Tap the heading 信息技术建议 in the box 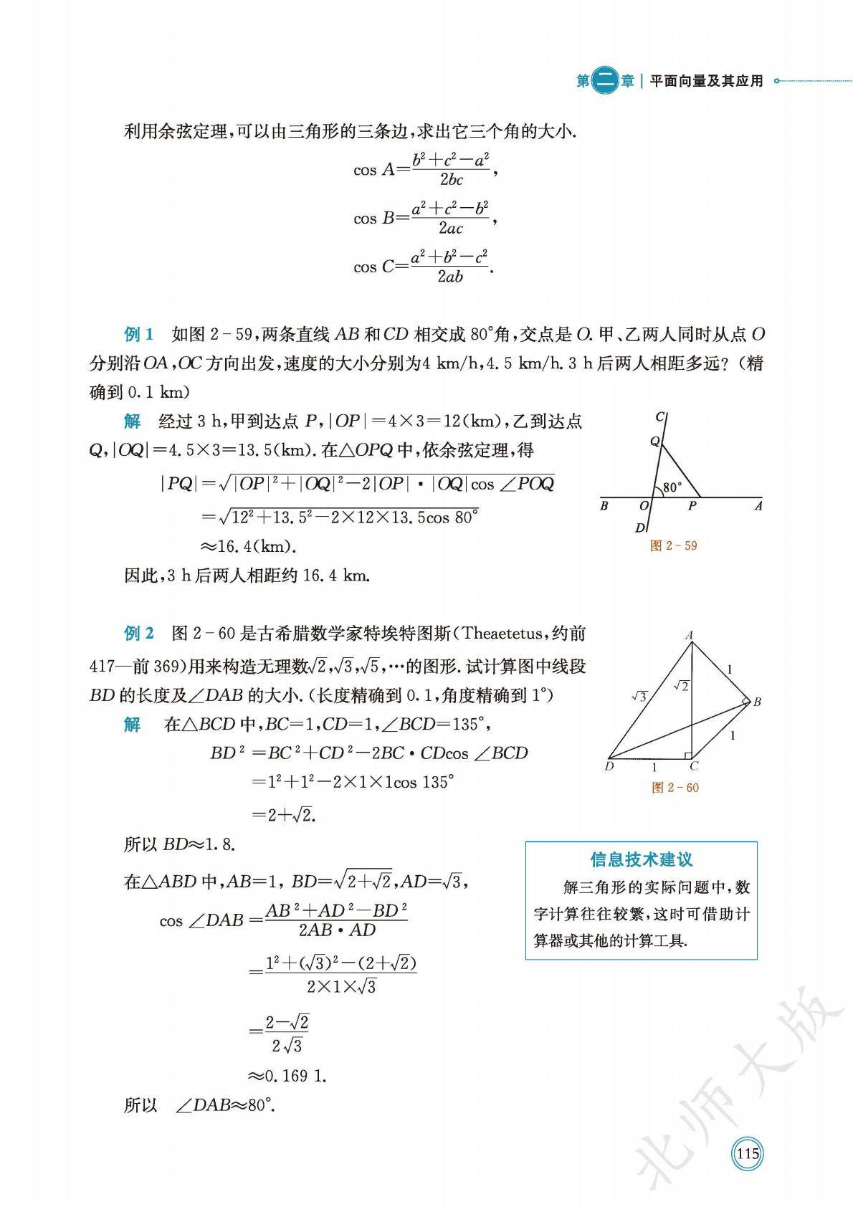point(642,859)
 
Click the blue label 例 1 point(139,334)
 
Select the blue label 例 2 point(139,634)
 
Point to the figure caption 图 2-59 point(673,545)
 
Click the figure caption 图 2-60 point(675,788)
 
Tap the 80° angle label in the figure point(672,487)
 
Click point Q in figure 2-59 point(654,442)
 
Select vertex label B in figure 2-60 point(757,702)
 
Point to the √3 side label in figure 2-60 point(639,696)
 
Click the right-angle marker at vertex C point(687,755)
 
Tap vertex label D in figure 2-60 point(609,766)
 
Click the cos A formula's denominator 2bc point(451,180)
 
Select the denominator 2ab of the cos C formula point(449,277)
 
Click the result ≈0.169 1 point(287,1076)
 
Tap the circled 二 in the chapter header point(606,81)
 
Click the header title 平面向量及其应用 point(706,81)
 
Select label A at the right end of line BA point(758,506)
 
